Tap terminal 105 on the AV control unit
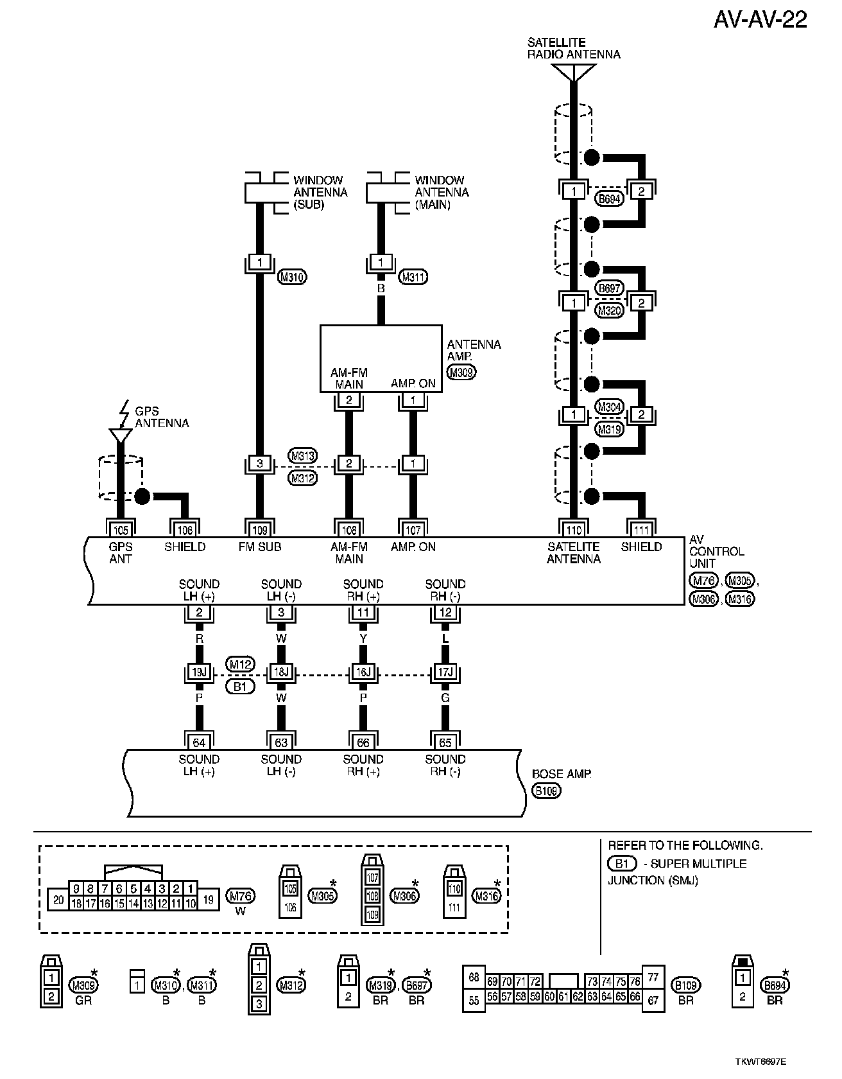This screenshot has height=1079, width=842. coord(120,529)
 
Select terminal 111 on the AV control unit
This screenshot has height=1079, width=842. coord(641,529)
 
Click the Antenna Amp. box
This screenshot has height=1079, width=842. coord(381,358)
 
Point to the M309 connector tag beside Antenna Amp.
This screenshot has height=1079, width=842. coord(461,372)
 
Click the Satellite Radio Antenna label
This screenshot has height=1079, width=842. coord(573,49)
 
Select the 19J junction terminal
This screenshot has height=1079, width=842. coord(199,672)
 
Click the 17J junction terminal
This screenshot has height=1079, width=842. coord(445,672)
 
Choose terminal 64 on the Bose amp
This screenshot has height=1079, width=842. coord(199,742)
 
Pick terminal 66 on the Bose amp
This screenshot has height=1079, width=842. coord(363,742)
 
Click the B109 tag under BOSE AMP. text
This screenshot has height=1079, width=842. coord(546,791)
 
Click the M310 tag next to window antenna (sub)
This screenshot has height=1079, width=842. coord(292,277)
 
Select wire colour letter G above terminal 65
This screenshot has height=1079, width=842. coord(445,698)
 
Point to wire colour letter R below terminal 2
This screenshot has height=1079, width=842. coord(199,640)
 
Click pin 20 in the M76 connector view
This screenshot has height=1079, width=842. coord(58,899)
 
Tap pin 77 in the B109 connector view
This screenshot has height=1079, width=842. coord(653,978)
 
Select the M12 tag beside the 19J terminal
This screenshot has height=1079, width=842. coord(240,664)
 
